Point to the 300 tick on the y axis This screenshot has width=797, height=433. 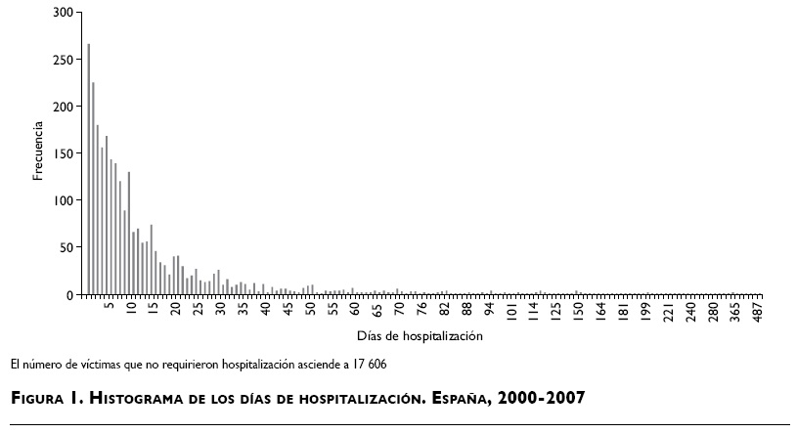click(x=64, y=13)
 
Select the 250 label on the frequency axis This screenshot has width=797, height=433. click(x=64, y=60)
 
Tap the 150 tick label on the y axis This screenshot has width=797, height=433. click(x=64, y=153)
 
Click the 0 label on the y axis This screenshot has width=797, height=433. click(x=69, y=294)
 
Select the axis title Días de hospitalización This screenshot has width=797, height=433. click(x=421, y=336)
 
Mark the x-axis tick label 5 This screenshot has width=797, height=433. click(x=111, y=306)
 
